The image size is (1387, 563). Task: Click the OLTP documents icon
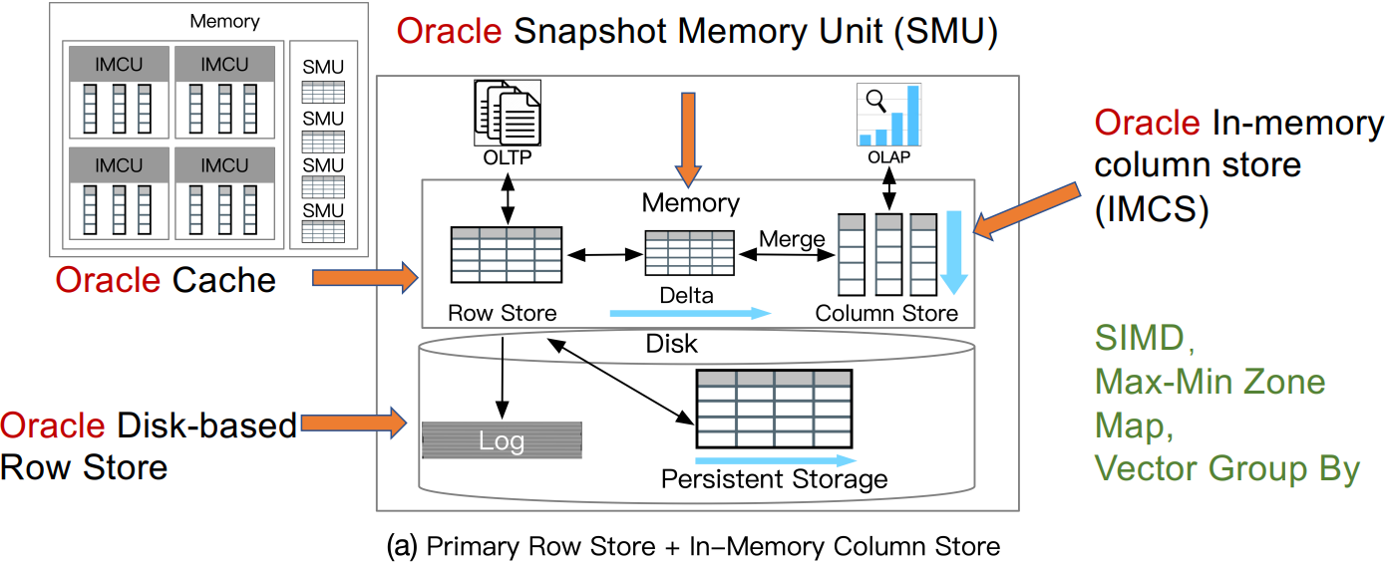pyautogui.click(x=507, y=115)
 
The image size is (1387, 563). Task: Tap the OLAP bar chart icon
pyautogui.click(x=888, y=116)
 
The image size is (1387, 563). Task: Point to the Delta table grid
pyautogui.click(x=689, y=253)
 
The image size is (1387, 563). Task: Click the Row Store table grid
pyautogui.click(x=507, y=256)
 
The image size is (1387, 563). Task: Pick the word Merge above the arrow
pyautogui.click(x=792, y=239)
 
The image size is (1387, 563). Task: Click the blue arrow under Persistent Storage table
pyautogui.click(x=775, y=460)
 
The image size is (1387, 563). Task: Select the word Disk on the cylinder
pyautogui.click(x=671, y=345)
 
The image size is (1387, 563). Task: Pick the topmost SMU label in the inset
pyautogui.click(x=322, y=68)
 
